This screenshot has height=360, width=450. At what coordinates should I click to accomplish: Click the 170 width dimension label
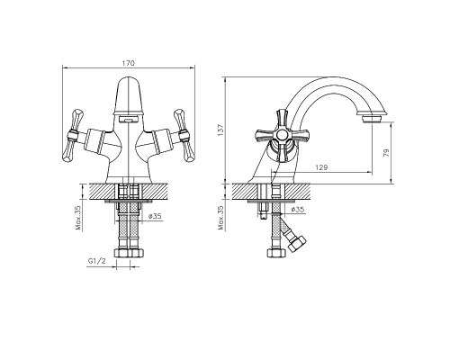(129, 63)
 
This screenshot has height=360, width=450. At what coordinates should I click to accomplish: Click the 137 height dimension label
(220, 130)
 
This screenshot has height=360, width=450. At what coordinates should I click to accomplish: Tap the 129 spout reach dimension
(321, 167)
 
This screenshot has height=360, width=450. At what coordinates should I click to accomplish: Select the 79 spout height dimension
(386, 153)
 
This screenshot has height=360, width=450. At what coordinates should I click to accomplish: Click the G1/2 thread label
(97, 261)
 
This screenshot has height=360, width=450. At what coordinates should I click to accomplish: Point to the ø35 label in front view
(155, 216)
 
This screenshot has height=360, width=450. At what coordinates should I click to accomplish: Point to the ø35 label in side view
(298, 210)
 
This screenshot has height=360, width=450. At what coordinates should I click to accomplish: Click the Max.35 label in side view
(221, 218)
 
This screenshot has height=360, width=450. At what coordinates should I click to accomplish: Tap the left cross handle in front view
(72, 136)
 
